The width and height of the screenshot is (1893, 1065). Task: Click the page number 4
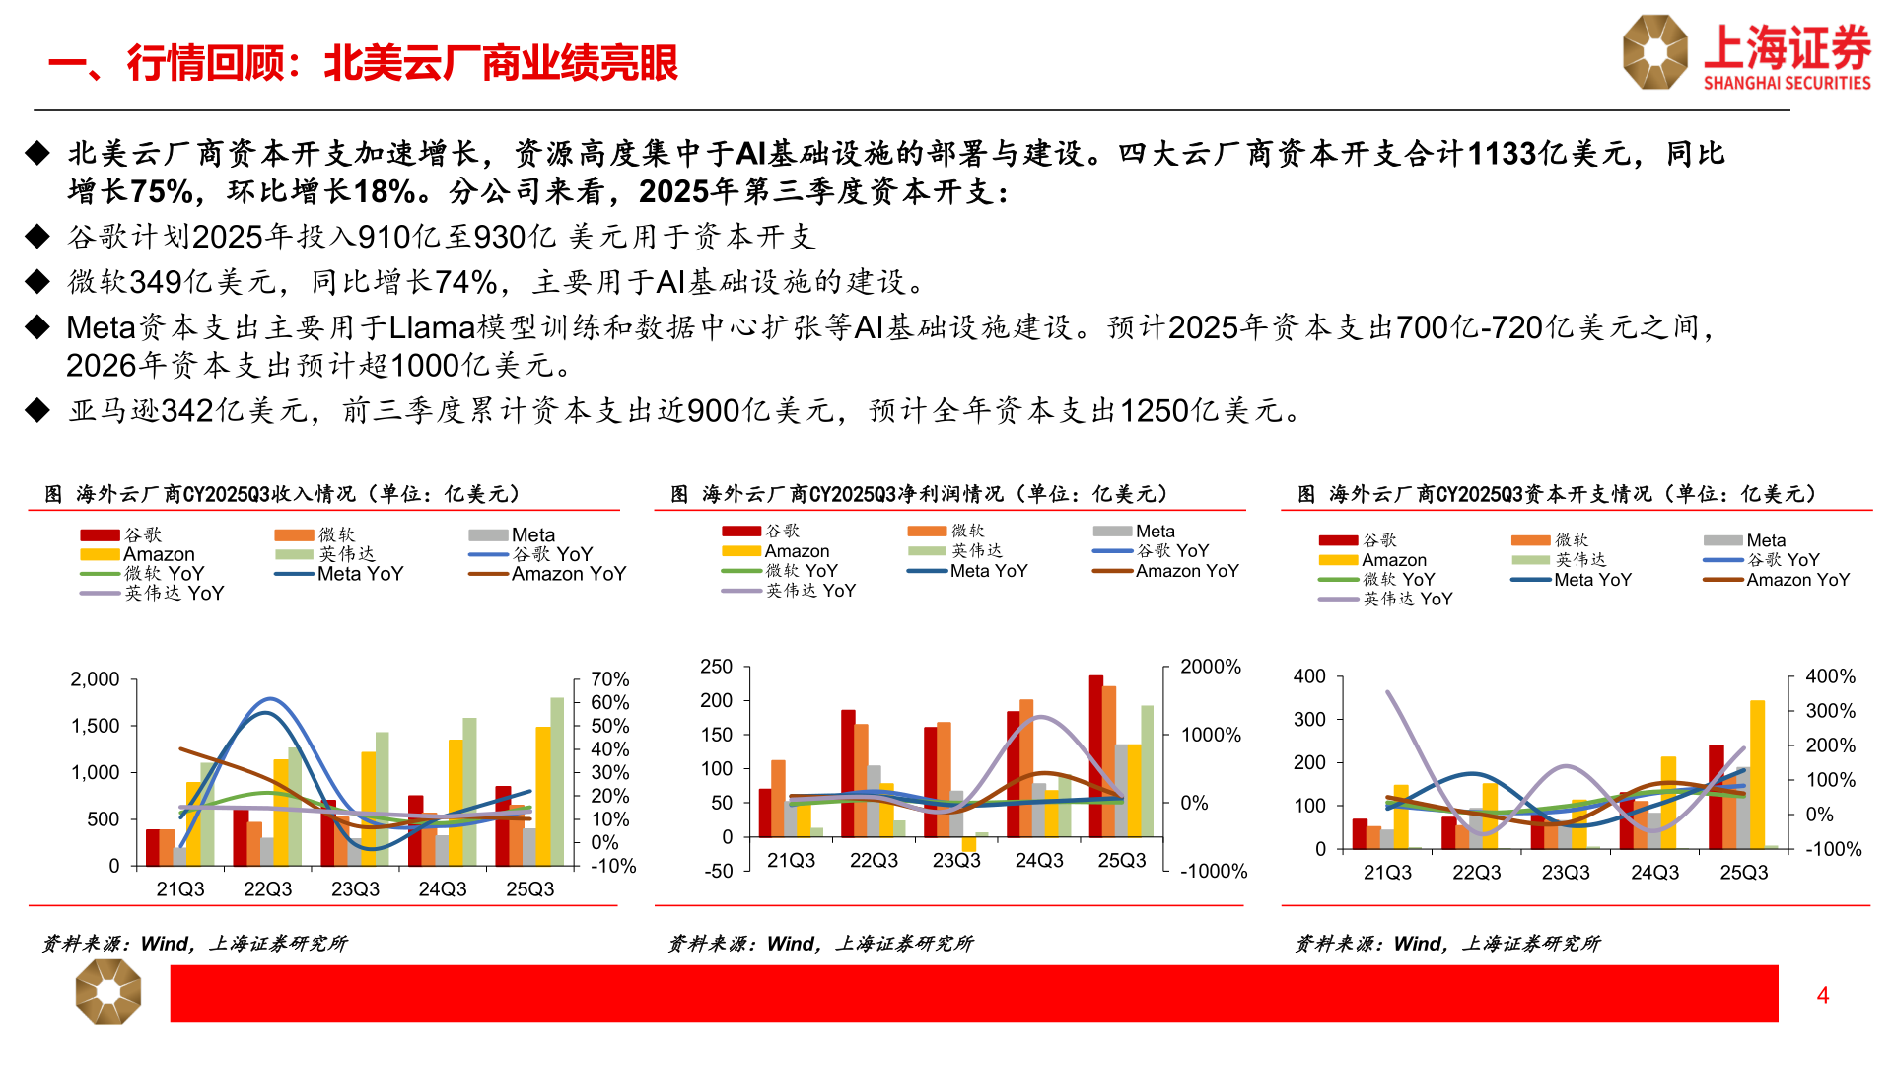(x=1822, y=995)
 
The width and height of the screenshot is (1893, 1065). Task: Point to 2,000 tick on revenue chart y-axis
(x=95, y=679)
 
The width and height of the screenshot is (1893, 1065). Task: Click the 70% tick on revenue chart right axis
(x=609, y=679)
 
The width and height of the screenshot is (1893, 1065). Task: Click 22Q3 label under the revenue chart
(x=267, y=889)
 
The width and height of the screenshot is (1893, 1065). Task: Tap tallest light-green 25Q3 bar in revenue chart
(x=557, y=779)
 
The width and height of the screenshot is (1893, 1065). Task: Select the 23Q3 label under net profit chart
(x=956, y=861)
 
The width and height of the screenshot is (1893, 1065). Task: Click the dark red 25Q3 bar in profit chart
(x=1095, y=754)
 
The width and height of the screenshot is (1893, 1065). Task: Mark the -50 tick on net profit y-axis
(x=718, y=871)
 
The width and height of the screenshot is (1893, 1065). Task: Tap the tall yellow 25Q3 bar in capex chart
(x=1757, y=774)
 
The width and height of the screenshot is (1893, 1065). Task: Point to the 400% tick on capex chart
(x=1830, y=676)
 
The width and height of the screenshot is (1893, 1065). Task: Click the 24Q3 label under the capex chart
(x=1654, y=873)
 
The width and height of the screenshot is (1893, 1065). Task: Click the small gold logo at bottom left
(x=108, y=992)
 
